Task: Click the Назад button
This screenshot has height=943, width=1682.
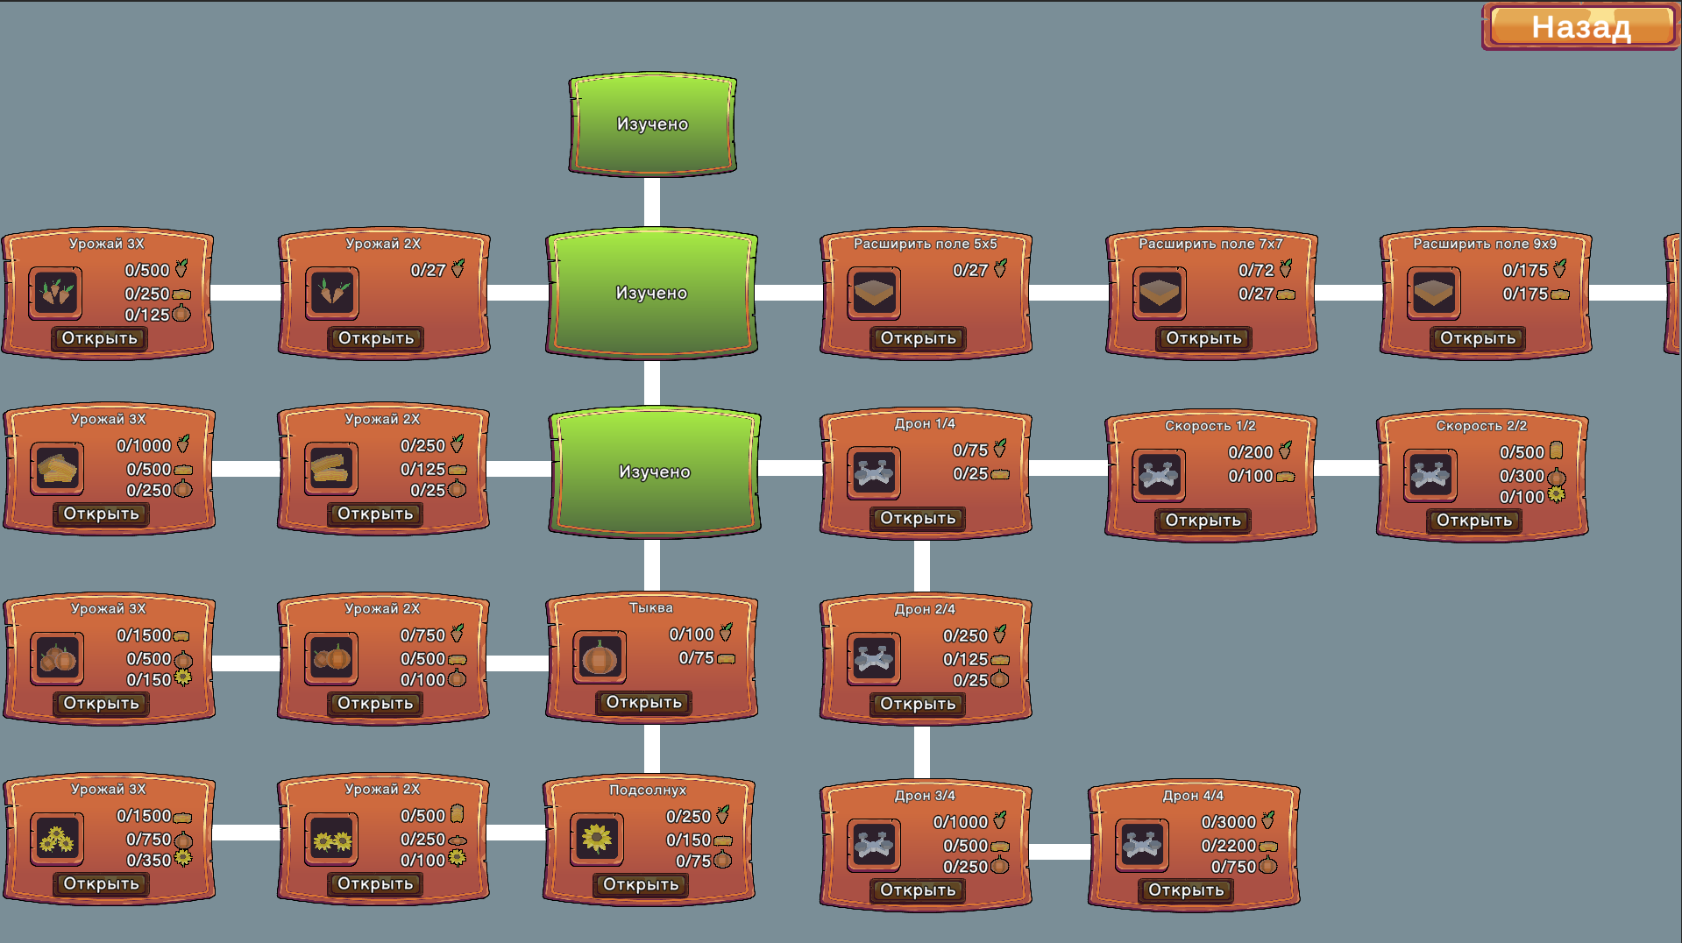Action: point(1580,27)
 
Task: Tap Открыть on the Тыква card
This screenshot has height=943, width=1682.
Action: point(643,703)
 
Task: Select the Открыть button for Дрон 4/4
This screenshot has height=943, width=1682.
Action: point(1185,890)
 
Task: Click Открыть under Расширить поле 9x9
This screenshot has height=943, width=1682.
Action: point(1477,339)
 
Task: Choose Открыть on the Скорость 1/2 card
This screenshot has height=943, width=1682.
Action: point(1203,521)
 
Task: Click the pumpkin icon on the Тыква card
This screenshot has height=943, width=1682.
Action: point(600,657)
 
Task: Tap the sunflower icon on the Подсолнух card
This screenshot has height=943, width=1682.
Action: point(597,839)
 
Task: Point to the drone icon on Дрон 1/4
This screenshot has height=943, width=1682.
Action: point(874,473)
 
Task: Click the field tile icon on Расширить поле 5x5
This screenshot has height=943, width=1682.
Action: point(874,293)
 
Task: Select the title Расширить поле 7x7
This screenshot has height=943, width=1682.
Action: point(1210,244)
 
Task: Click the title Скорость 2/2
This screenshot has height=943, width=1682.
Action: point(1481,426)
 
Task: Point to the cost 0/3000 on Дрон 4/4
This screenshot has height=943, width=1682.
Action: point(1228,822)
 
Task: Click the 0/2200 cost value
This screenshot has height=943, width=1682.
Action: point(1228,846)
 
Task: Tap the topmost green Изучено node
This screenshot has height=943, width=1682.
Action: point(652,124)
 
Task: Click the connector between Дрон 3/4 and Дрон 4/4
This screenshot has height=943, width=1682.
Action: point(1060,851)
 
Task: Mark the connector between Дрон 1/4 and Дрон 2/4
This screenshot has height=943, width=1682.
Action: point(922,567)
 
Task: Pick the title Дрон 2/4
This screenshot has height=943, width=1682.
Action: point(925,609)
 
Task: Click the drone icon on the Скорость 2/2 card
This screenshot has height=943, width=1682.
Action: point(1430,476)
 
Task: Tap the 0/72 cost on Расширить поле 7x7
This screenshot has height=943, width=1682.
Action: point(1255,271)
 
